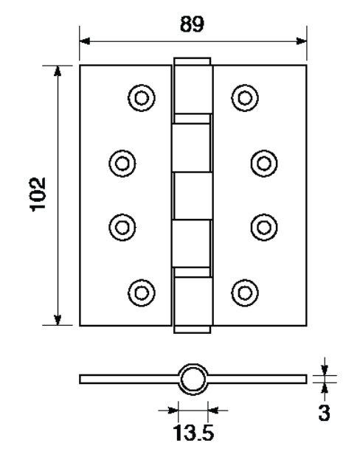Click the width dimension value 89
pyautogui.click(x=192, y=24)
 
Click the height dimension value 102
pyautogui.click(x=38, y=195)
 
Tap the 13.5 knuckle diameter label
pyautogui.click(x=193, y=433)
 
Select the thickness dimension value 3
pyautogui.click(x=324, y=413)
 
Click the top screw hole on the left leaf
pyautogui.click(x=142, y=98)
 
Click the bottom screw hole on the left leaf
pyautogui.click(x=142, y=293)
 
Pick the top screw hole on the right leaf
pyautogui.click(x=245, y=98)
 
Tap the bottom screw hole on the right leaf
pyautogui.click(x=245, y=293)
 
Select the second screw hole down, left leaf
pyautogui.click(x=122, y=164)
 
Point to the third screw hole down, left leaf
pyautogui.click(x=122, y=228)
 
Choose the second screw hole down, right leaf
pyautogui.click(x=264, y=164)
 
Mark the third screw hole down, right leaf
pyautogui.click(x=264, y=228)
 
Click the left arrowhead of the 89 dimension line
pyautogui.click(x=85, y=41)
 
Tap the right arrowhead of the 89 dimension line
pyautogui.click(x=302, y=41)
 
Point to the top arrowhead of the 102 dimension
pyautogui.click(x=58, y=71)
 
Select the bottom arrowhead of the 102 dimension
pyautogui.click(x=58, y=320)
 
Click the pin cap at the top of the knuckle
pyautogui.click(x=193, y=61)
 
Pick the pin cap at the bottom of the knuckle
pyautogui.click(x=193, y=329)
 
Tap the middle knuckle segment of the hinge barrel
pyautogui.click(x=193, y=196)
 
